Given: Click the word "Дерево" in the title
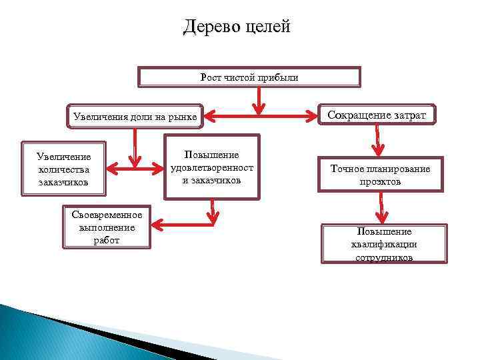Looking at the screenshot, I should pos(211,27).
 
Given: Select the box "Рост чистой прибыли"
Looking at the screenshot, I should pos(249,77).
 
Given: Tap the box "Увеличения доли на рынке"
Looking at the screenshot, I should pos(134,118).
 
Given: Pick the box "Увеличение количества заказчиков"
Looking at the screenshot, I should pos(64,169).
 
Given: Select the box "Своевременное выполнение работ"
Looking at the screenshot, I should pos(107,227).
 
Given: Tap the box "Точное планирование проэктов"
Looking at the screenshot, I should pos(381,175).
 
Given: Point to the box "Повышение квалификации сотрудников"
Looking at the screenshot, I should pos(385,244).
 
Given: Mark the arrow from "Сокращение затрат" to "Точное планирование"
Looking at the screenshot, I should pos(378,142).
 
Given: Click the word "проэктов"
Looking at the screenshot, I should pos(381,181).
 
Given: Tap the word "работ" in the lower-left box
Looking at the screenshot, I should pos(107,240).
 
